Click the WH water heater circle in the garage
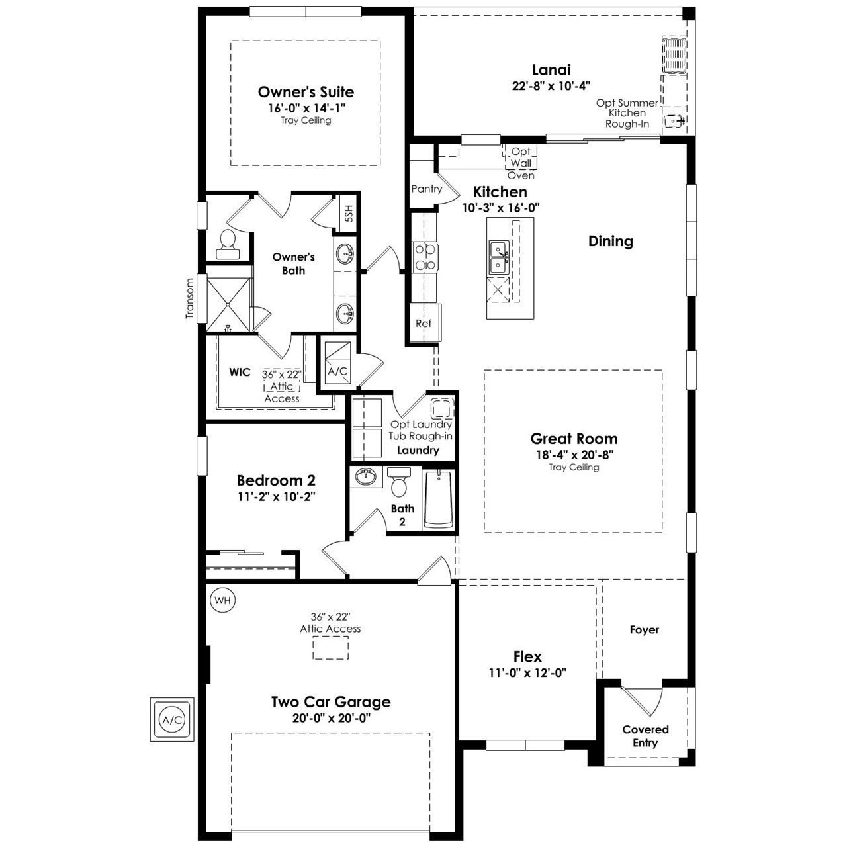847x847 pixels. click(222, 600)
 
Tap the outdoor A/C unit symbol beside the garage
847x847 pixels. click(172, 719)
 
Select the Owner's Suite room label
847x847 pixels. click(306, 92)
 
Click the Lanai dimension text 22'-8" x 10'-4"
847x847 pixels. click(551, 85)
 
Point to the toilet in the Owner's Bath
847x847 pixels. click(228, 244)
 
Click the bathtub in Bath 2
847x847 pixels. click(438, 499)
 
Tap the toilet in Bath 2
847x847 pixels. click(398, 482)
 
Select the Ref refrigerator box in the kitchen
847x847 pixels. click(425, 323)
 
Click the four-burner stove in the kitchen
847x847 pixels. click(425, 257)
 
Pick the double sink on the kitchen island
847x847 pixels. click(499, 258)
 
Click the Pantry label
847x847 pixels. click(426, 189)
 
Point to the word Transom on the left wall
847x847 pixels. click(189, 298)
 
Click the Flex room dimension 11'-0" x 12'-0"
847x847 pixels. click(527, 672)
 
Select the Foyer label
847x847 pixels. click(645, 630)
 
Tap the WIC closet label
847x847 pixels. click(240, 372)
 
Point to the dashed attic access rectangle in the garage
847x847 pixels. click(331, 647)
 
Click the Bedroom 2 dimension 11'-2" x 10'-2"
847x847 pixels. click(277, 497)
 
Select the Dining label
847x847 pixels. click(611, 242)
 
